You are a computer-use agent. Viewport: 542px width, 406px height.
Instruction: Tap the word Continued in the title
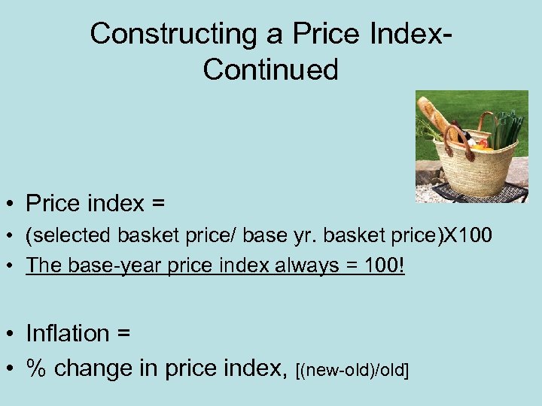270,69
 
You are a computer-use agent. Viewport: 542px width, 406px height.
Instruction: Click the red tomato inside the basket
482,143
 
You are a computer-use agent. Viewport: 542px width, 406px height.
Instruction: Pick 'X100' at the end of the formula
467,236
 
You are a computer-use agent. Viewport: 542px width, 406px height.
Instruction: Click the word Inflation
67,332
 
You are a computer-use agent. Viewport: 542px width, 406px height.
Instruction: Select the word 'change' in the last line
95,368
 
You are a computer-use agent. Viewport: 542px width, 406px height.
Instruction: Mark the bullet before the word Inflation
13,334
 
